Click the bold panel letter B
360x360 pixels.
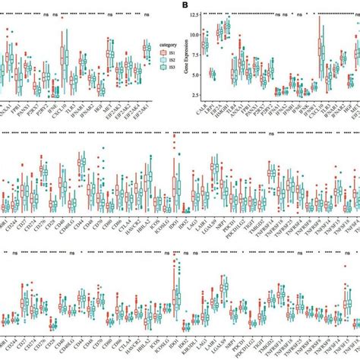pyautogui.click(x=185, y=5)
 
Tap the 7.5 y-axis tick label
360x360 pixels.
pyautogui.click(x=192, y=55)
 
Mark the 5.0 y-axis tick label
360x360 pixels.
pyautogui.click(x=192, y=74)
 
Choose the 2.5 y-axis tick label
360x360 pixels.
pyautogui.click(x=192, y=94)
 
